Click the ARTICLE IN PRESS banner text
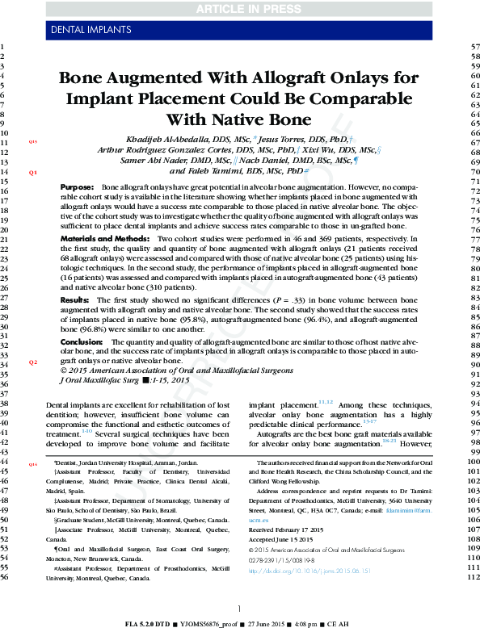point(239,9)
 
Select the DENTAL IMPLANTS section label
point(88,31)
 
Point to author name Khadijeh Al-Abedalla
point(170,140)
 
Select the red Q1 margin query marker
point(34,173)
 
